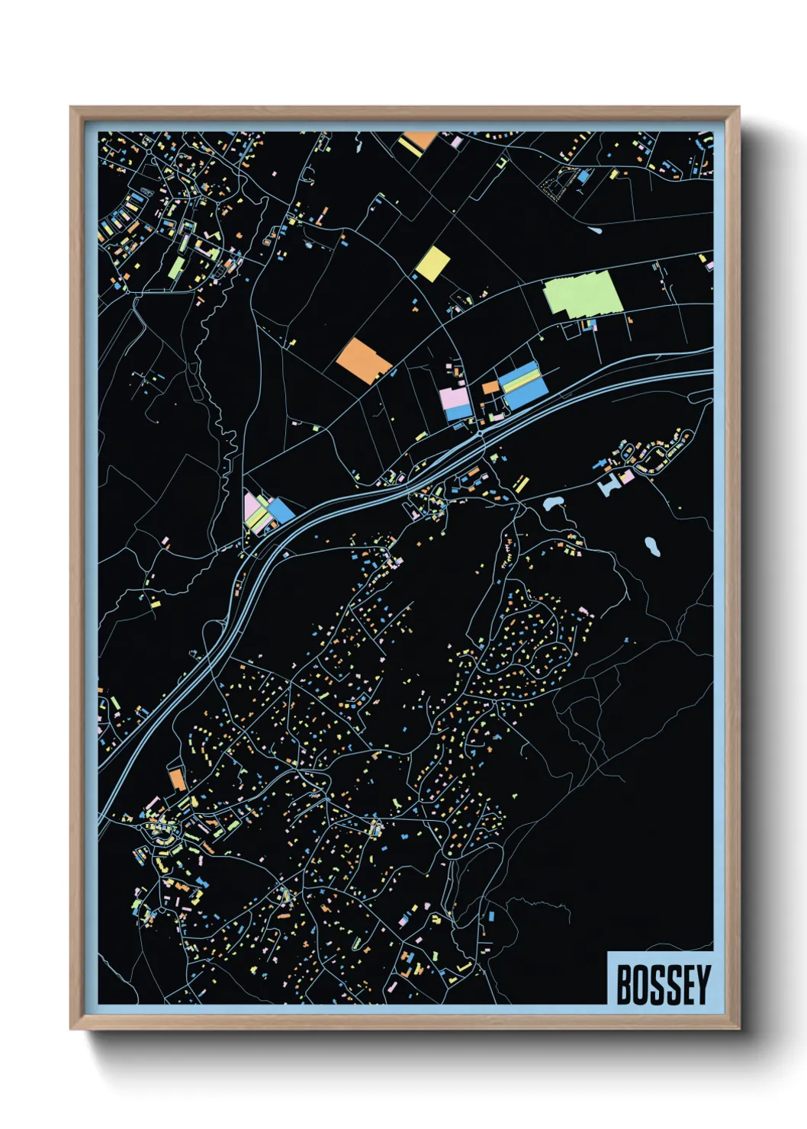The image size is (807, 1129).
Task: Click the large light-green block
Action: coord(584,294)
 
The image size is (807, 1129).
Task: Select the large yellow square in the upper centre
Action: coord(432,263)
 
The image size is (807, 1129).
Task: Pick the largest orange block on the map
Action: coord(364,360)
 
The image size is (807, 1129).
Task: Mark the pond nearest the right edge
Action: coord(651,545)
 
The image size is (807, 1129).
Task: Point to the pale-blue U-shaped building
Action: coord(610,485)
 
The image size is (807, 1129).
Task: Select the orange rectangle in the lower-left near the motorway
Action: coord(177,780)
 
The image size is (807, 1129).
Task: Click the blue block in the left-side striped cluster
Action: coord(281,510)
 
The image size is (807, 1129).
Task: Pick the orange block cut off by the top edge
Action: coord(419,140)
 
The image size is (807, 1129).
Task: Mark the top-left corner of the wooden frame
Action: coord(71,108)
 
